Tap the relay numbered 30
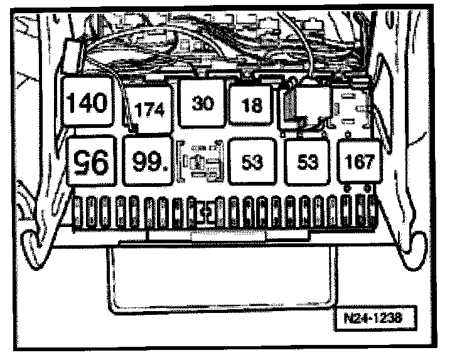coord(202,103)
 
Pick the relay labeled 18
coord(252,105)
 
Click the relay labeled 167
coord(360,162)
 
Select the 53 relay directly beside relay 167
coord(308,162)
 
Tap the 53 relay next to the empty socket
coord(252,162)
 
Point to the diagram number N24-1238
coord(373,317)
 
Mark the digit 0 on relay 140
coord(101,102)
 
